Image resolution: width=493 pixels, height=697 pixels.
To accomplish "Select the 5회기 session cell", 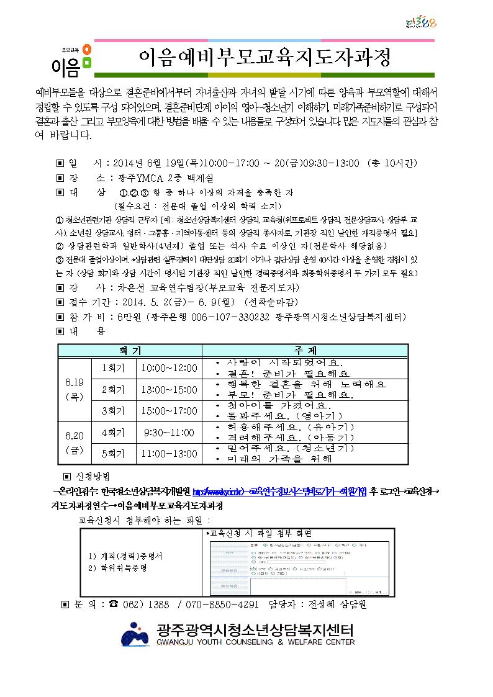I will coord(113,454).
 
